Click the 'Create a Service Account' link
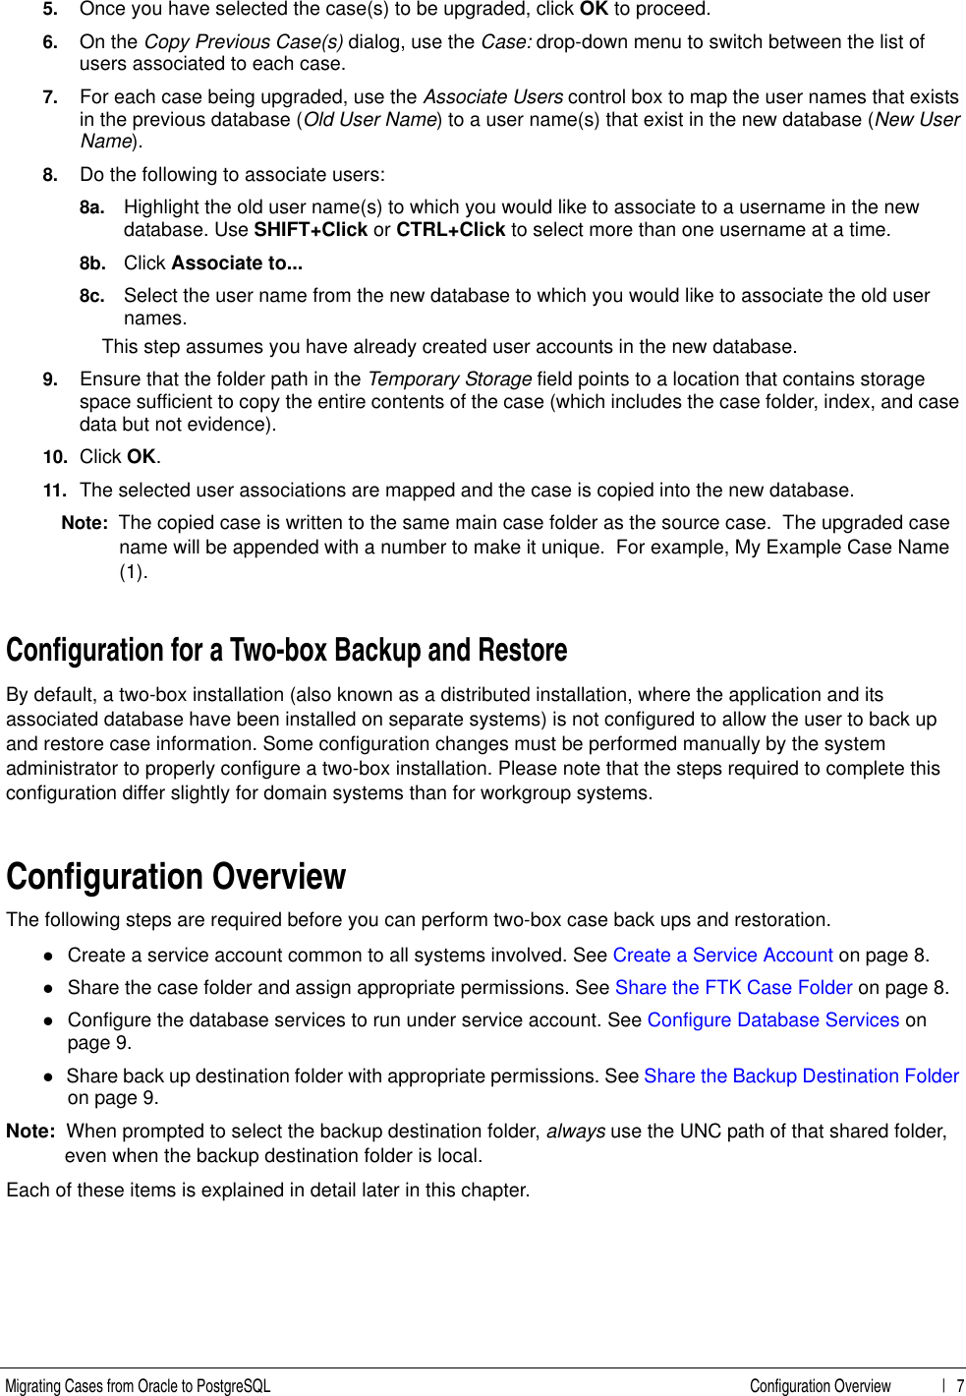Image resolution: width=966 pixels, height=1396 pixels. coord(722,955)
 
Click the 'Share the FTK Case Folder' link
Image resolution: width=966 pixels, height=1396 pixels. coord(733,987)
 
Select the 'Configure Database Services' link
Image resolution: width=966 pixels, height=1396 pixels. coord(772,1019)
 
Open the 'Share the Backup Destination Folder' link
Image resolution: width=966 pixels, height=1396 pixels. coord(801,1076)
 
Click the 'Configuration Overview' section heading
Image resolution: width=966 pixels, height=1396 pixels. coord(176,876)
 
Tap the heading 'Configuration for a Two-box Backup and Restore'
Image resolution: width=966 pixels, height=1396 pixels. coord(286,650)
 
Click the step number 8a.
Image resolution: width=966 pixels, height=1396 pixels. coord(91,207)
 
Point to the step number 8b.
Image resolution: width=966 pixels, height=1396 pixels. coord(91,263)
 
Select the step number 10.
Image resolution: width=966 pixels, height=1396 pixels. coord(54,457)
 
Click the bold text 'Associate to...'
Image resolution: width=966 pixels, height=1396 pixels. coord(236,262)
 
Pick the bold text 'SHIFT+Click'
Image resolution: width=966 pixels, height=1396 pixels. coord(310,230)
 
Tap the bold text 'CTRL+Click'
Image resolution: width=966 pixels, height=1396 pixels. coord(450,230)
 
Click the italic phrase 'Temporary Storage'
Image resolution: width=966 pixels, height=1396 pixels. coord(449,379)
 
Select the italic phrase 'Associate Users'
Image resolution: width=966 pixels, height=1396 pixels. coord(492,96)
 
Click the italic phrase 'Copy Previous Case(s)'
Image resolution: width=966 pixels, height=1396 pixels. coord(243,41)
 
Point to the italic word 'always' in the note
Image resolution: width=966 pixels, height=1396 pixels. coord(575,1131)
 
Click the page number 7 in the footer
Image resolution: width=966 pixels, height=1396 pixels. coord(959,1385)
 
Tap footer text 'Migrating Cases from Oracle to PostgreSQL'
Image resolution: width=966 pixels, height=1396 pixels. coord(138,1385)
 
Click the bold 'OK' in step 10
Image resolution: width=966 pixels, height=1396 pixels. coord(141,457)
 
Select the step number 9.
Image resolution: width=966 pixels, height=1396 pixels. coord(49,379)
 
